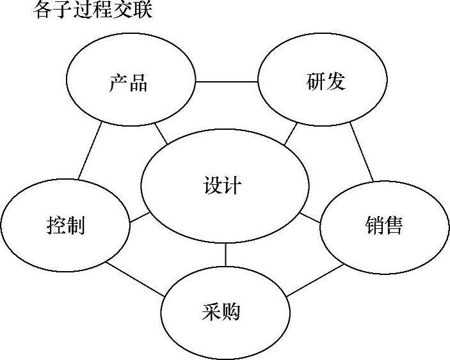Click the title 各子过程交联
[92, 10]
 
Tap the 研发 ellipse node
[323, 82]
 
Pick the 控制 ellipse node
[65, 224]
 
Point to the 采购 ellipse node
[224, 313]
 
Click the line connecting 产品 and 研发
[227, 82]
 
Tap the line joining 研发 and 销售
[362, 152]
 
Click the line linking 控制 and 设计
[140, 218]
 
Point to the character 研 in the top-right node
[314, 82]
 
